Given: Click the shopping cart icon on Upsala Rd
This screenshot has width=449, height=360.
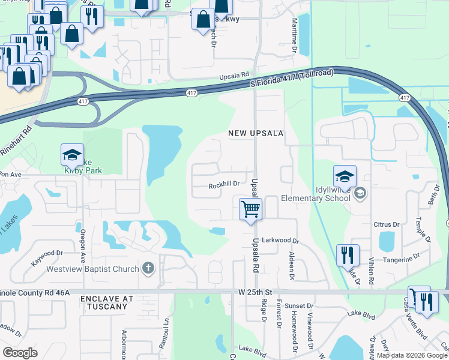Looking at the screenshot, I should point(250,209).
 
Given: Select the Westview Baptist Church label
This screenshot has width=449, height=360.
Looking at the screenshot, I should point(92,269).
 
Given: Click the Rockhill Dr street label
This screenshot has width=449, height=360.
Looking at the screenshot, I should point(224,185).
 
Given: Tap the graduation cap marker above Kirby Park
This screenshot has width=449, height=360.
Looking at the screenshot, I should point(72,156).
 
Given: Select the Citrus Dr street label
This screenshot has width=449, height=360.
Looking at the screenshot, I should point(387,224).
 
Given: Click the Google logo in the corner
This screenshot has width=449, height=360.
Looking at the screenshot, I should point(20,352).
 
